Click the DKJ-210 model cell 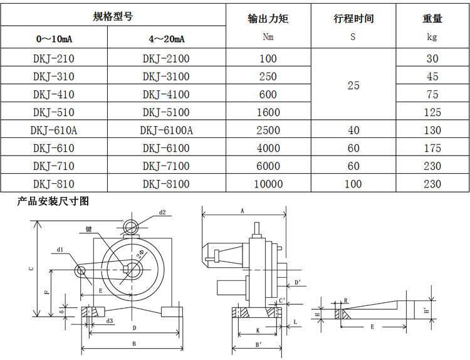pos(54,58)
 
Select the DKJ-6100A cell pos(166,130)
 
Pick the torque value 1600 pos(268,112)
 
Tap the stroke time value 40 pos(353,130)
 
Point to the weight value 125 pos(432,112)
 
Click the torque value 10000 pos(268,184)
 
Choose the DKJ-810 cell pos(54,184)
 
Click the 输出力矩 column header pos(268,19)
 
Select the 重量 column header pos(432,19)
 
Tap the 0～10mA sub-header pos(54,39)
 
